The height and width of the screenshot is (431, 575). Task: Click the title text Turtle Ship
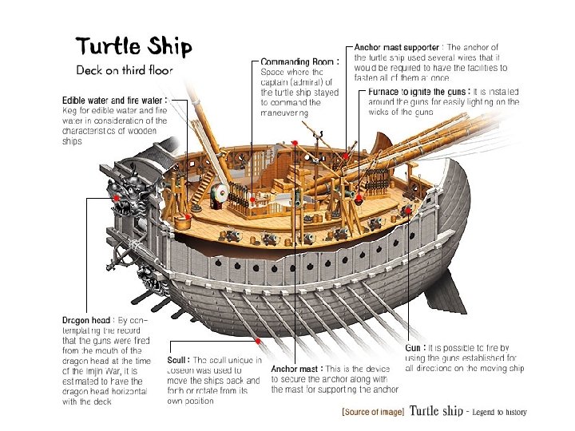pyautogui.click(x=133, y=46)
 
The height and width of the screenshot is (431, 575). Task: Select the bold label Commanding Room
pyautogui.click(x=300, y=61)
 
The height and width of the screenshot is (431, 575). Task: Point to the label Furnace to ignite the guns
pyautogui.click(x=418, y=92)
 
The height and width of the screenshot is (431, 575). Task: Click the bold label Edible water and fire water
pyautogui.click(x=115, y=100)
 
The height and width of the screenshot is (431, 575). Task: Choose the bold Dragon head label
pyautogui.click(x=88, y=319)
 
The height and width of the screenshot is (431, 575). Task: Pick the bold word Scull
pyautogui.click(x=179, y=360)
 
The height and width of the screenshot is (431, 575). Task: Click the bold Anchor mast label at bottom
pyautogui.click(x=297, y=370)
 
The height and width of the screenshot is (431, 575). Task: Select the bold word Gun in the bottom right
pyautogui.click(x=414, y=348)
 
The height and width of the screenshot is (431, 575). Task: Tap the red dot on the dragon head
pyautogui.click(x=117, y=196)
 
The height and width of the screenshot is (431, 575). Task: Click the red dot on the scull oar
pyautogui.click(x=257, y=342)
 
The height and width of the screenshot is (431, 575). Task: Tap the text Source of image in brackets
pyautogui.click(x=373, y=412)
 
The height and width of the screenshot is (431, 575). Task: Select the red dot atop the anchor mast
pyautogui.click(x=295, y=143)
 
